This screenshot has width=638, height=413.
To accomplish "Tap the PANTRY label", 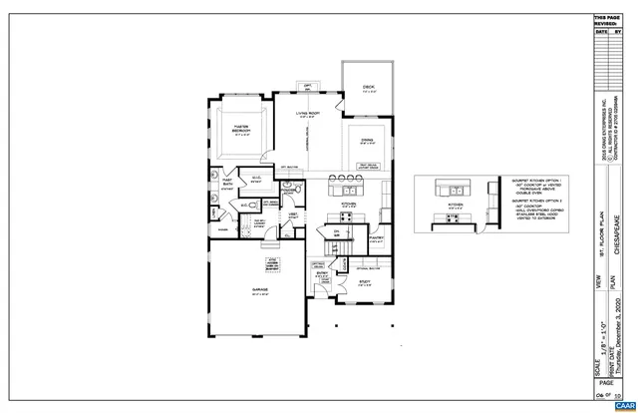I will (378, 238).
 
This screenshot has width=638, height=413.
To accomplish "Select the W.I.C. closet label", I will (255, 181).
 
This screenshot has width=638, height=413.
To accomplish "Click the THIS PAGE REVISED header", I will (606, 20).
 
